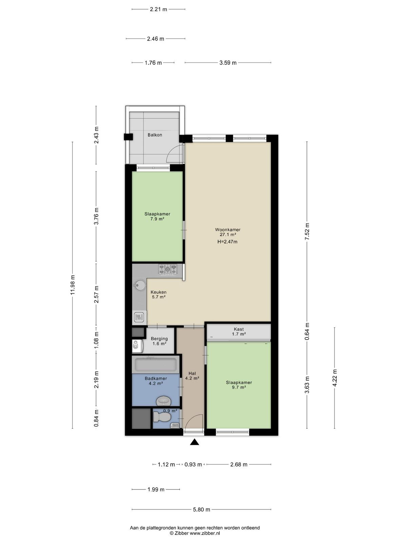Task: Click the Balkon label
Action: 155,135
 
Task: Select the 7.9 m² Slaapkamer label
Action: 157,216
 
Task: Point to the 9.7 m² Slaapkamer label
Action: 239,385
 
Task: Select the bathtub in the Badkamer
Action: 155,365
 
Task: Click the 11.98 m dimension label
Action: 72,285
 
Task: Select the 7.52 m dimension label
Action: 307,231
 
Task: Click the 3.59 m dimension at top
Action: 228,63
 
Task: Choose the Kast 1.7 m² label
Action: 239,331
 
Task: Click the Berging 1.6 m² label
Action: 159,341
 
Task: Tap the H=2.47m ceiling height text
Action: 227,242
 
